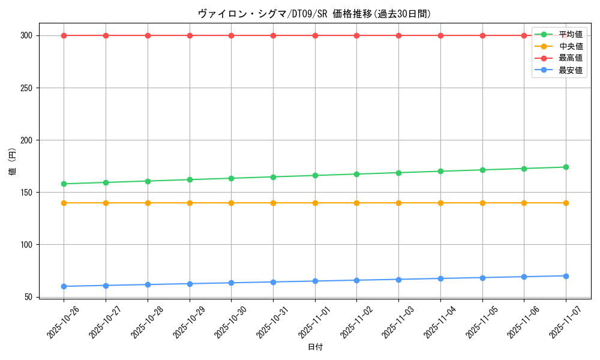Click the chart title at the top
314,14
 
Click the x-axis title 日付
315,347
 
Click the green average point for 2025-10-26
64,184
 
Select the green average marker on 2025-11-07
566,167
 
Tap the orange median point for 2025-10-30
231,203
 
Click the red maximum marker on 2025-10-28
148,35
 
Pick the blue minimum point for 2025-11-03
398,280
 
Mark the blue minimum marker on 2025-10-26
64,286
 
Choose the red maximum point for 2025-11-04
440,35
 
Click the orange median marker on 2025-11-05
482,203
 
